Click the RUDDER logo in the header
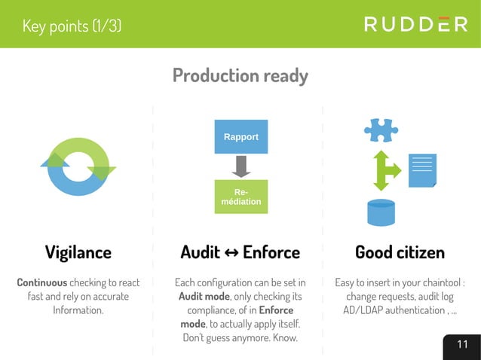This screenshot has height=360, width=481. coord(415,24)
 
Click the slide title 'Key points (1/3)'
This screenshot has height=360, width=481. coord(72,26)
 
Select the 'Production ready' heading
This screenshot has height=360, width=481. coord(240,75)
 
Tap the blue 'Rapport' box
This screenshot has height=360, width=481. coord(240,137)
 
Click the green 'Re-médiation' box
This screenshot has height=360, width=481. coord(240,197)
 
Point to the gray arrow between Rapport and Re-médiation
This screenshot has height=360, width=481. coord(240,166)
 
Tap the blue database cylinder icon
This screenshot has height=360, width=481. coord(381,212)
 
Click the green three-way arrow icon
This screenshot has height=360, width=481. coord(385,170)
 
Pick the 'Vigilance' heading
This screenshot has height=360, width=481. coord(78,252)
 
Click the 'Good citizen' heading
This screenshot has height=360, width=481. coord(400,252)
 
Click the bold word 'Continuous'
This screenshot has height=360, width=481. coord(41,282)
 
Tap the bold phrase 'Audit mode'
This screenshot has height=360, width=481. coord(204,296)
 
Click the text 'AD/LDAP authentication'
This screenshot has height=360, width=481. coord(384,310)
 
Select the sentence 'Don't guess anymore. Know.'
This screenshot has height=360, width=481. coord(240,337)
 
